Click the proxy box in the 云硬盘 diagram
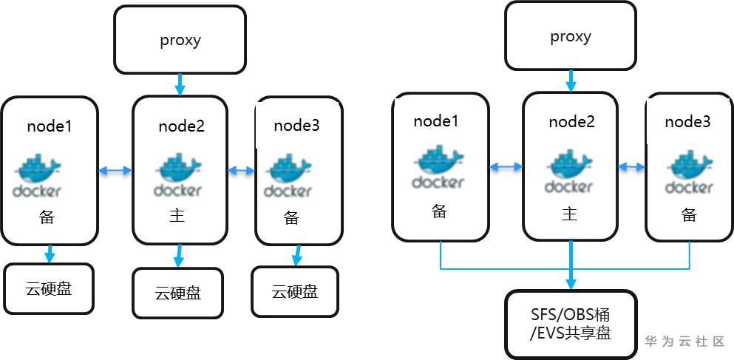coord(180,40)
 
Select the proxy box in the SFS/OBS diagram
coord(570,36)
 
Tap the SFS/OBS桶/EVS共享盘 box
coord(570,323)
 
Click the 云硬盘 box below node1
coord(50,288)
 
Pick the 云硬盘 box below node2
coord(177,293)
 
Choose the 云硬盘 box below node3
coord(295,291)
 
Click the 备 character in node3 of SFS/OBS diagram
coord(689,215)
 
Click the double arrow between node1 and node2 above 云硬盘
coord(115,171)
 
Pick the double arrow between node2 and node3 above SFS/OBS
coord(631,166)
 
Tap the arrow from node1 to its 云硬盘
coord(49,254)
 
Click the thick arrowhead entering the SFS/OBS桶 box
coord(570,283)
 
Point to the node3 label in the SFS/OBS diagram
coord(687,122)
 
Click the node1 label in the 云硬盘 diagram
coord(50,126)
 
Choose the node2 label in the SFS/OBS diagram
coord(571,122)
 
